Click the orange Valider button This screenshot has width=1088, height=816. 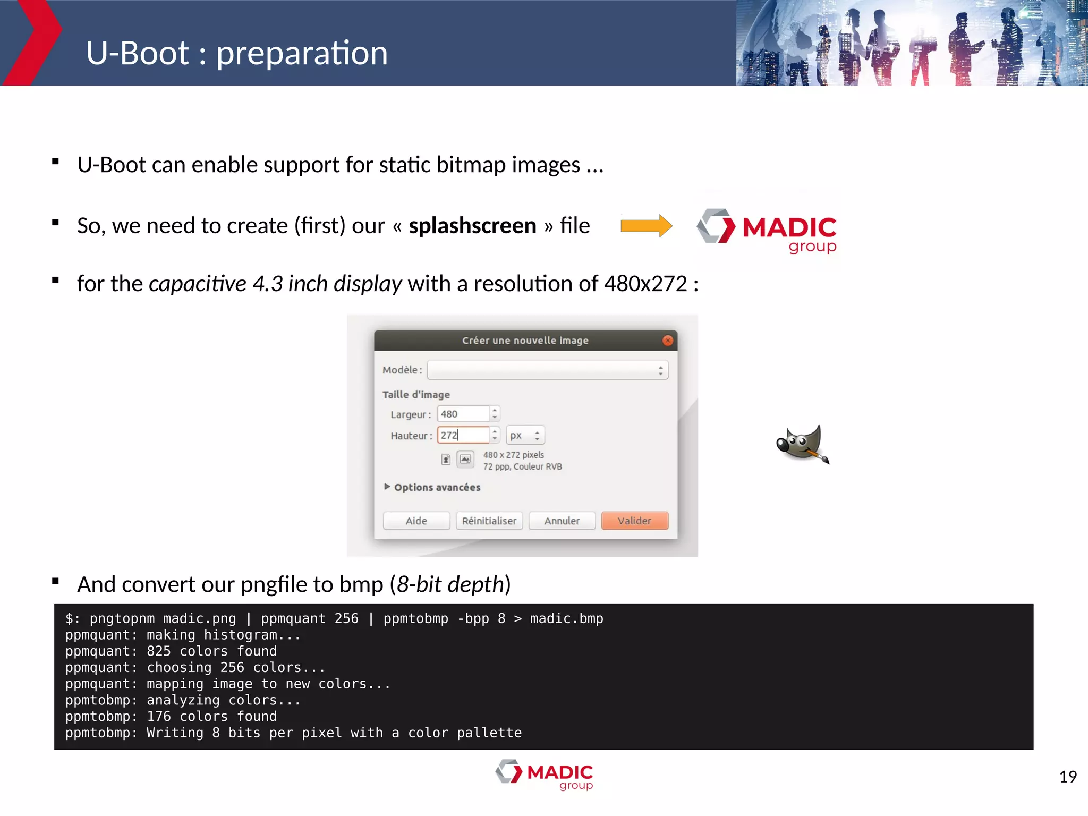coord(634,521)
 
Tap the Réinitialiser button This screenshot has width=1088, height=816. coord(489,521)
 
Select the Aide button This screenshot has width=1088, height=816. coord(416,521)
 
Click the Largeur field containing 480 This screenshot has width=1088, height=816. coord(462,414)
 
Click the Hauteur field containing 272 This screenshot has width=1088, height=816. coord(462,435)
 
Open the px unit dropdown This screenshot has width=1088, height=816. coord(525,435)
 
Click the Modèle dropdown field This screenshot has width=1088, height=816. coord(547,370)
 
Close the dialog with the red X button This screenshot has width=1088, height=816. coord(668,341)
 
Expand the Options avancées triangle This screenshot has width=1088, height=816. coord(387,487)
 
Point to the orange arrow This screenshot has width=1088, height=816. coord(646,226)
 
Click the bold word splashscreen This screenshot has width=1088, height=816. coord(472,226)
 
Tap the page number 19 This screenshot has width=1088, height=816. coord(1068,777)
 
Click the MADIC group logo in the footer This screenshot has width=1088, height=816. coord(545,775)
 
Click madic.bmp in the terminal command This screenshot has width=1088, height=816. coord(566,619)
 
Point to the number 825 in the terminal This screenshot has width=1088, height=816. coord(159,651)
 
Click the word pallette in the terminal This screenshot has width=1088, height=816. coord(489,733)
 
